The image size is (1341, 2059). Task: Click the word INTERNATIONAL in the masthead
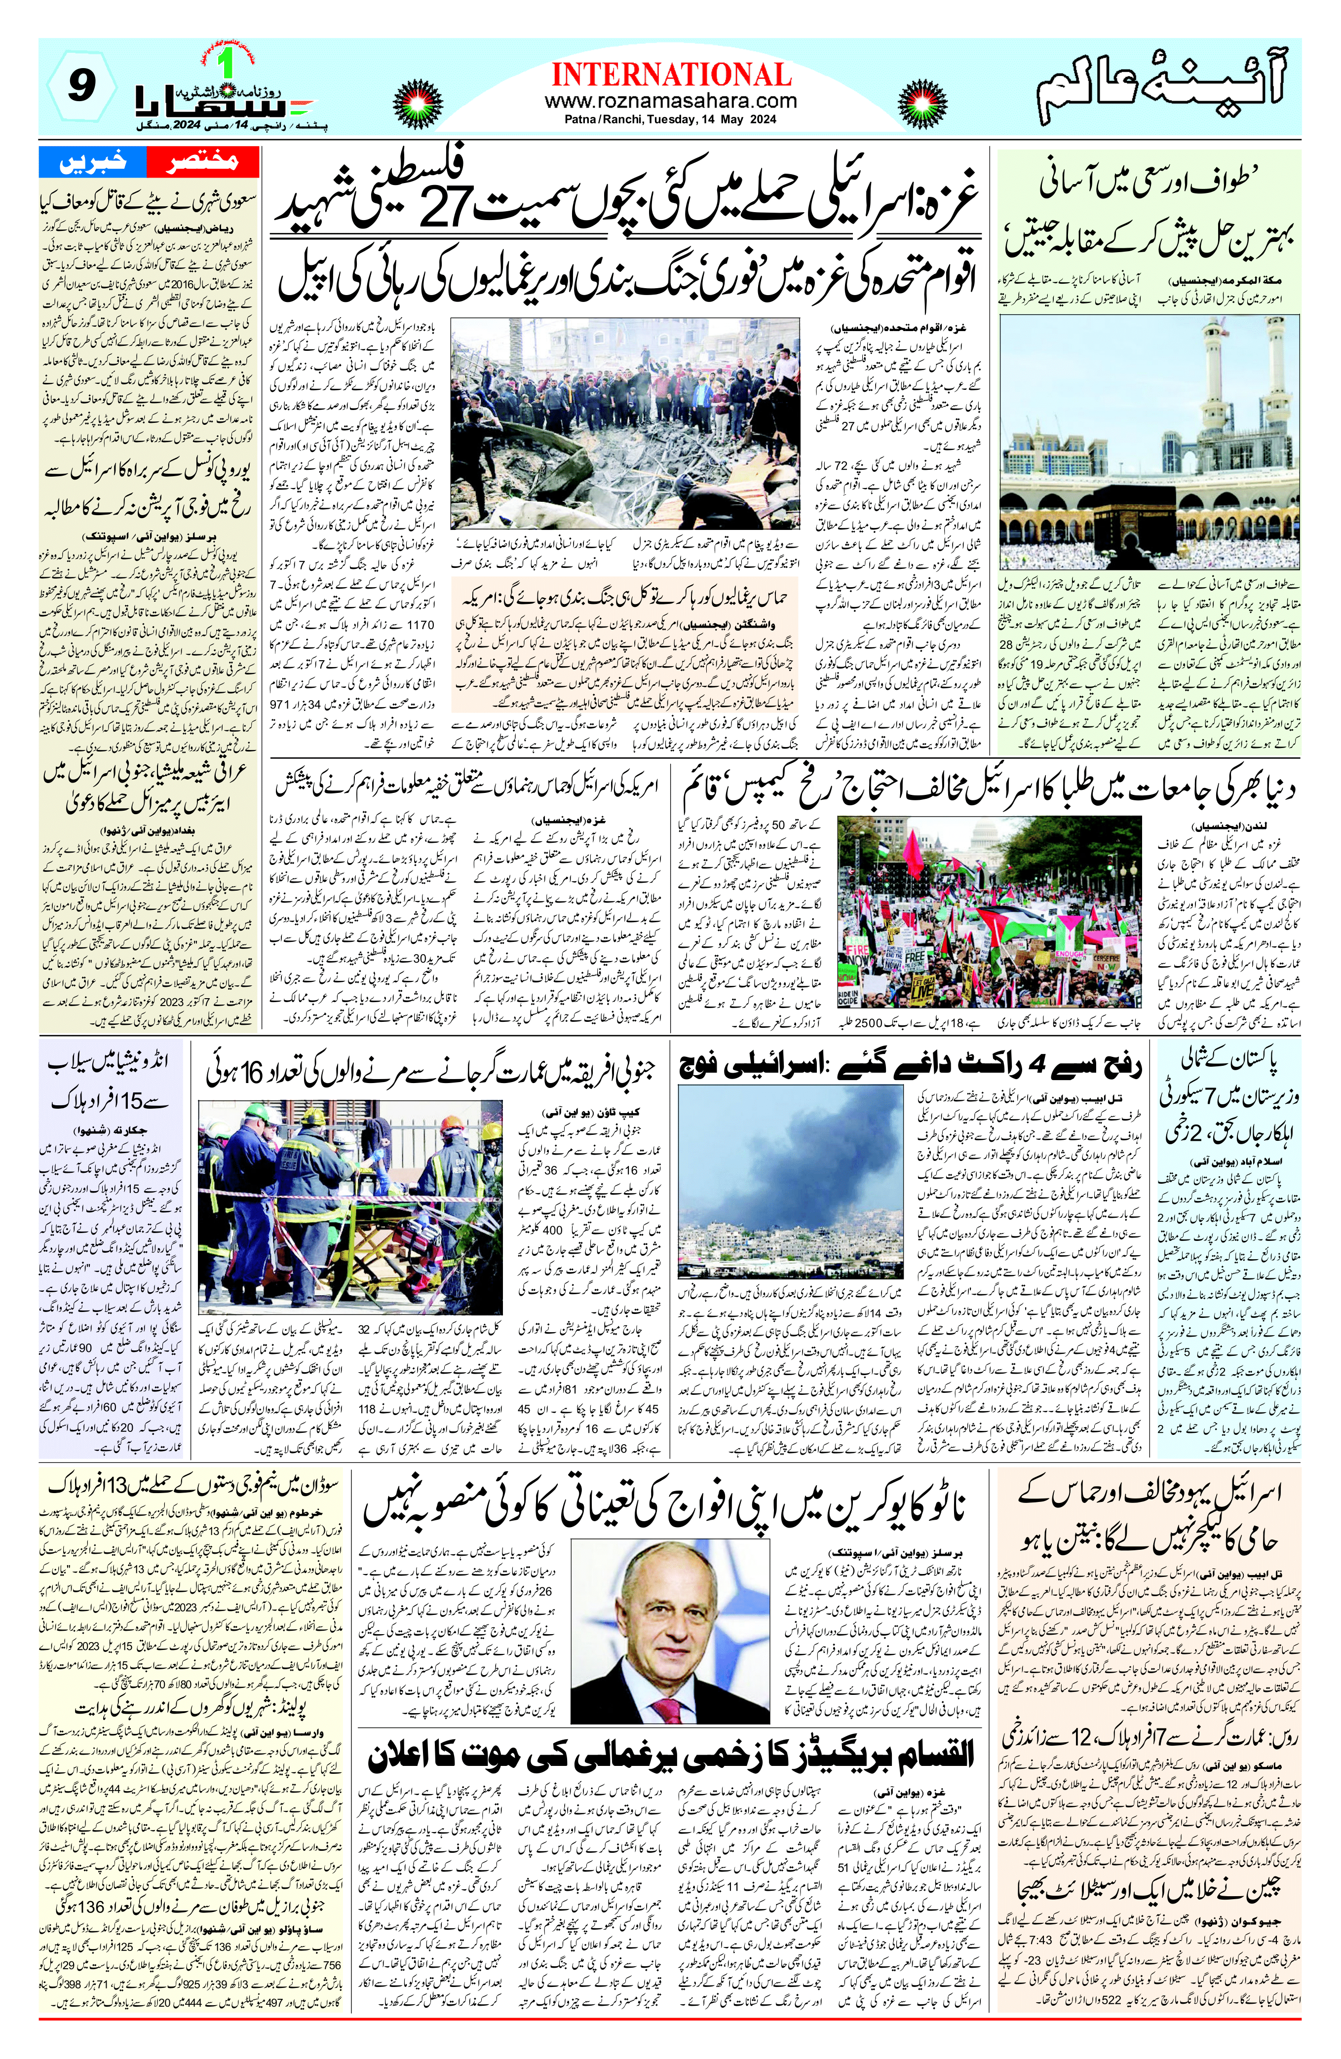[x=670, y=74]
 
